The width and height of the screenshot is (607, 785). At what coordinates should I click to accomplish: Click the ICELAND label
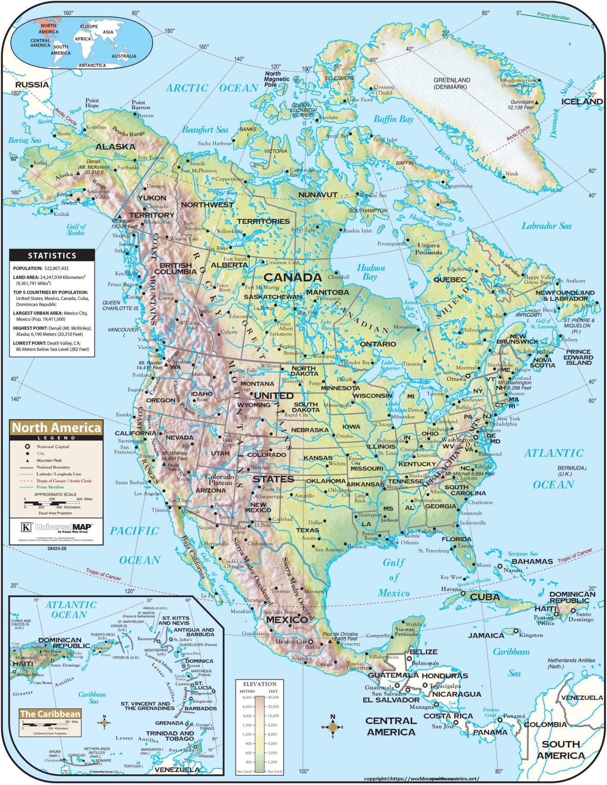[582, 102]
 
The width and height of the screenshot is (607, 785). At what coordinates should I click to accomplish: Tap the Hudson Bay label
[371, 272]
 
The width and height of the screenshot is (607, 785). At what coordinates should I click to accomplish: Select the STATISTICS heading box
[52, 255]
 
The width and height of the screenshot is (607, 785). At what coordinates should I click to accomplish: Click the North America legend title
[56, 428]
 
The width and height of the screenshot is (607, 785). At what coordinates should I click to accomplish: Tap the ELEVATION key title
[260, 684]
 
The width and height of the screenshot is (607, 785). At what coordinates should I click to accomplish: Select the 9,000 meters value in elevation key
[247, 698]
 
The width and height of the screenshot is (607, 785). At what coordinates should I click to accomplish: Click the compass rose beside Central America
[333, 727]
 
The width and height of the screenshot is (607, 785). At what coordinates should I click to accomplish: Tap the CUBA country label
[485, 597]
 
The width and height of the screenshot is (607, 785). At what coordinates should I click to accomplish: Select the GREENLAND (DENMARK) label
[452, 83]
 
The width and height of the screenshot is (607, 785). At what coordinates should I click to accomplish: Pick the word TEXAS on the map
[307, 530]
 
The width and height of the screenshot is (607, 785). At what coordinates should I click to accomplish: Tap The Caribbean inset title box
[50, 714]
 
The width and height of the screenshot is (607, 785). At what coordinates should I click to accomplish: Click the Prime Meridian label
[553, 16]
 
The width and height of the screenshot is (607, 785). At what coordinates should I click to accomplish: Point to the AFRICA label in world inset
[83, 39]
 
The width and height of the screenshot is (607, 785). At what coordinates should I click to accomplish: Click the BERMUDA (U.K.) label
[571, 471]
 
